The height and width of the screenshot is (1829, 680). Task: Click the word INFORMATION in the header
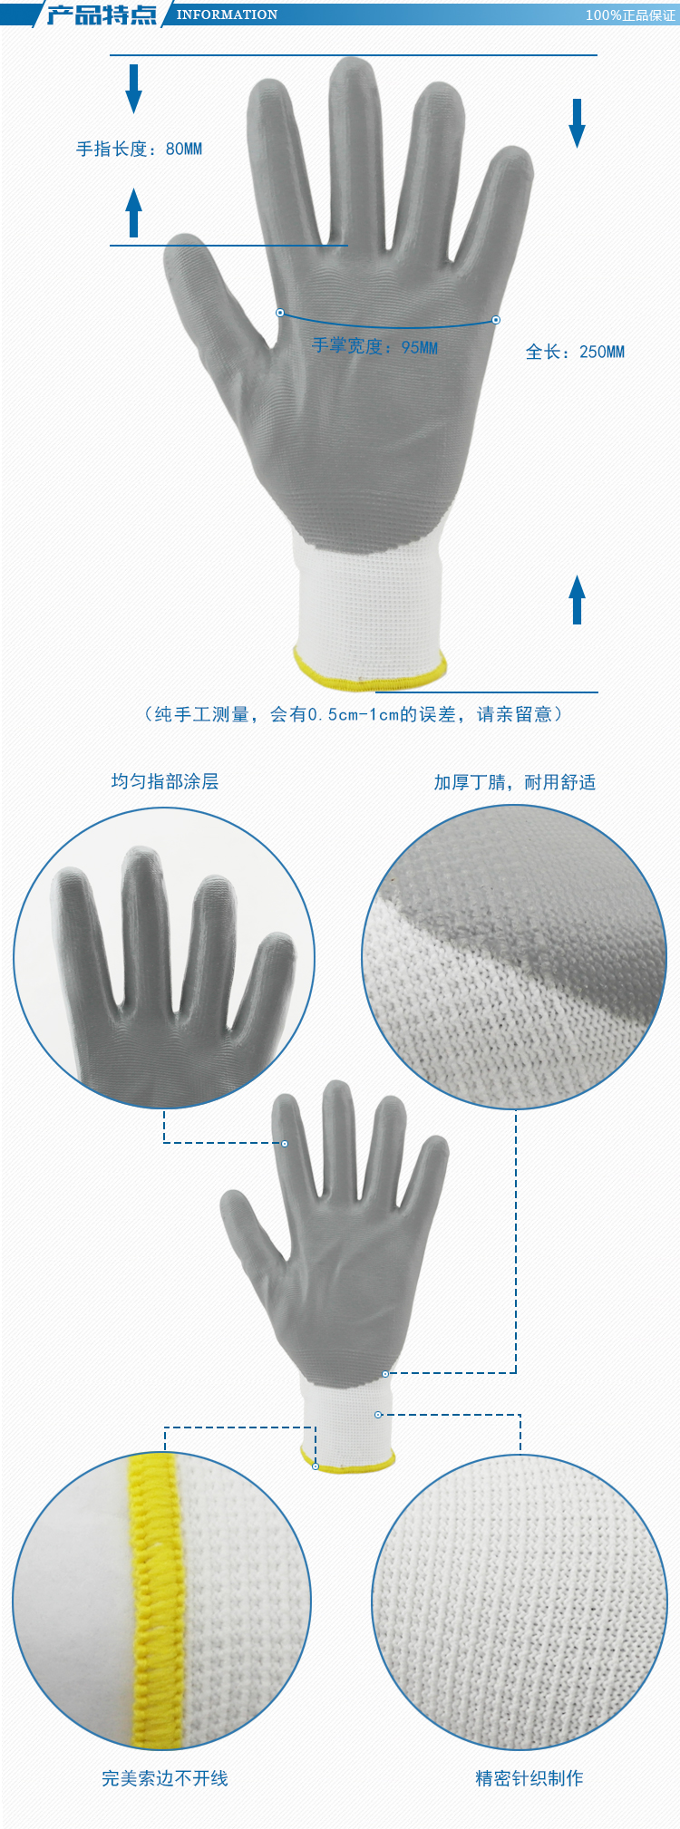pyautogui.click(x=227, y=15)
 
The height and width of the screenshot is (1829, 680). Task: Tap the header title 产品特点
pyautogui.click(x=101, y=15)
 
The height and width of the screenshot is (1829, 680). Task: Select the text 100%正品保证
pyautogui.click(x=630, y=15)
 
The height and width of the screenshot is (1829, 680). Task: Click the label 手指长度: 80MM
pyautogui.click(x=139, y=149)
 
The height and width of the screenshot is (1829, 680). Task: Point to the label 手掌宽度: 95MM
pyautogui.click(x=374, y=347)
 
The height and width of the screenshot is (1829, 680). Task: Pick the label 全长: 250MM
pyautogui.click(x=575, y=352)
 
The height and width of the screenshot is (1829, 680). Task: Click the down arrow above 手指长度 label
pyautogui.click(x=134, y=88)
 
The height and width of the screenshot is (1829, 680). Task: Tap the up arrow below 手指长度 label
pyautogui.click(x=134, y=213)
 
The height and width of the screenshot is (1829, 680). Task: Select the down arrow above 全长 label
pyautogui.click(x=577, y=122)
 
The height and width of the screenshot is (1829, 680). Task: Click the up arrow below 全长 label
pyautogui.click(x=577, y=599)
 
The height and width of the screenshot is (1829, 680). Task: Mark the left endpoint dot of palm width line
pyautogui.click(x=280, y=313)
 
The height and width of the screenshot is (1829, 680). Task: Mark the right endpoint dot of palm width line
pyautogui.click(x=496, y=320)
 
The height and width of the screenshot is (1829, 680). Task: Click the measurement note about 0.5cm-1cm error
pyautogui.click(x=353, y=714)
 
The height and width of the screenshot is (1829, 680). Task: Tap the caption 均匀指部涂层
pyautogui.click(x=165, y=781)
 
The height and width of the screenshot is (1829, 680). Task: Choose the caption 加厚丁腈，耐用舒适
pyautogui.click(x=514, y=782)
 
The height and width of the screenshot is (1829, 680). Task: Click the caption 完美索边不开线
pyautogui.click(x=165, y=1778)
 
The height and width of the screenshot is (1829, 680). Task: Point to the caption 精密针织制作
pyautogui.click(x=529, y=1778)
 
